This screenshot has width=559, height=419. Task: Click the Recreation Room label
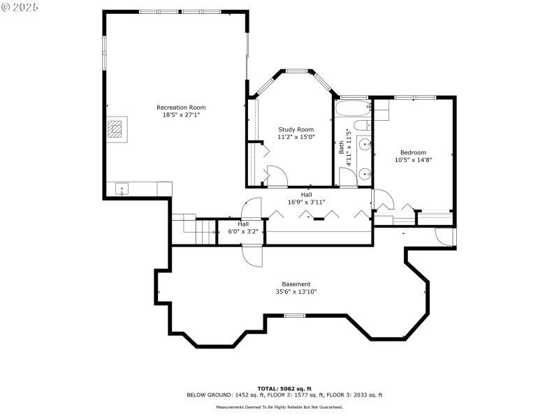click(181, 107)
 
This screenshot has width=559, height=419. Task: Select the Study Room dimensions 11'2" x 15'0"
click(296, 137)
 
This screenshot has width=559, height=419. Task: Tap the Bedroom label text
click(412, 152)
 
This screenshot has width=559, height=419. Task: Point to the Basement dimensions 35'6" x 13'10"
click(296, 292)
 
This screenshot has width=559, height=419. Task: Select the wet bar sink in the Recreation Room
click(121, 189)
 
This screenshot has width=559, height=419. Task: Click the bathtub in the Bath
click(352, 109)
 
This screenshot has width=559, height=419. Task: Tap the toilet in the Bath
click(362, 126)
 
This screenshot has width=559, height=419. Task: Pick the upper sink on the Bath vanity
click(365, 145)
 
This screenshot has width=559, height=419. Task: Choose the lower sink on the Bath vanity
click(365, 173)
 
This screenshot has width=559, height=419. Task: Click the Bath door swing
click(347, 177)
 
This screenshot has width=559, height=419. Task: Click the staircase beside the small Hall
click(192, 228)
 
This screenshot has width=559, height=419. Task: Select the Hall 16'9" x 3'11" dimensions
click(306, 203)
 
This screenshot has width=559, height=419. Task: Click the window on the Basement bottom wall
click(294, 316)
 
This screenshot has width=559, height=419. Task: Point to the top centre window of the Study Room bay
click(296, 70)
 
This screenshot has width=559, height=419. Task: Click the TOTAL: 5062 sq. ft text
click(284, 388)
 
